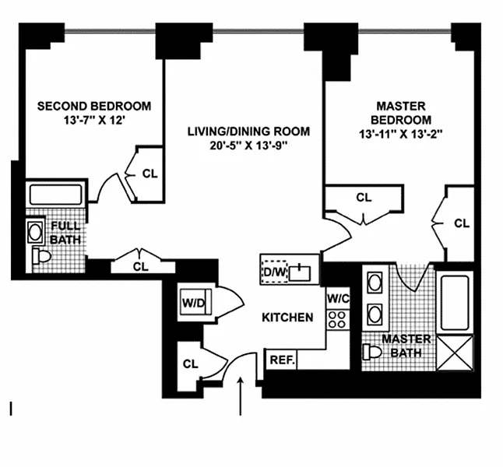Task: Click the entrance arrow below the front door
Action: (x=241, y=396)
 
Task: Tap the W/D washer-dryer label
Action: (x=193, y=303)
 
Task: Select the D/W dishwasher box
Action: (x=275, y=272)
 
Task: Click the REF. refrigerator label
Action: (x=283, y=360)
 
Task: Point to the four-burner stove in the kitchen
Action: (x=338, y=319)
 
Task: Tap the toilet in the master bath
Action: (x=372, y=352)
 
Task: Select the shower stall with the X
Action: (x=455, y=353)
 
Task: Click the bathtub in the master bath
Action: (x=455, y=303)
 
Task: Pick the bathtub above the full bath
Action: (x=56, y=195)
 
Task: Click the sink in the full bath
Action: (x=35, y=232)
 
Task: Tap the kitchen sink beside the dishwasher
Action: (x=300, y=273)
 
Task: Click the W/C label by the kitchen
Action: (x=338, y=299)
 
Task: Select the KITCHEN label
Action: (x=287, y=318)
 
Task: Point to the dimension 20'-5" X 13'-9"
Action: (x=248, y=146)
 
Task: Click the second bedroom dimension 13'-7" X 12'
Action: (x=94, y=121)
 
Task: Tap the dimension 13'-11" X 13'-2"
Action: (x=401, y=134)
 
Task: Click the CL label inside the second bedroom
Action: (x=149, y=174)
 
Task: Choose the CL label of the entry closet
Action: (x=190, y=364)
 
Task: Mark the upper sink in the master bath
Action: (x=375, y=283)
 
